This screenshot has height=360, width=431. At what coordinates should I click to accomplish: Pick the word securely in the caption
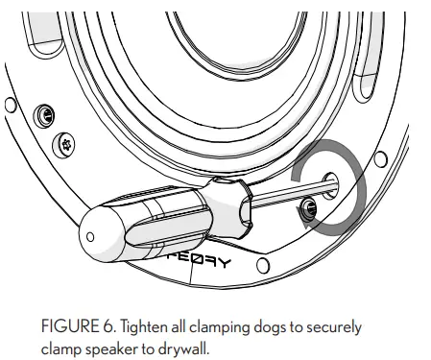coord(332,328)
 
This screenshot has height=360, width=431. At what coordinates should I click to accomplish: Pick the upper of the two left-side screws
coord(40,117)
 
